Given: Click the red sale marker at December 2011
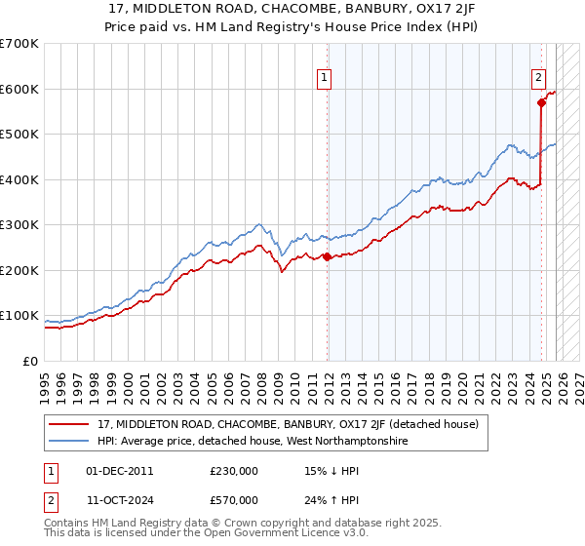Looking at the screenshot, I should click(x=327, y=257).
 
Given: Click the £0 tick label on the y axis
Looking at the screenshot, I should click(x=29, y=361).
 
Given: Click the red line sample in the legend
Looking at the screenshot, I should click(x=69, y=425).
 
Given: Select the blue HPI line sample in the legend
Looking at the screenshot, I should click(x=69, y=442).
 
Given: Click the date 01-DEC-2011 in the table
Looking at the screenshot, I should click(x=119, y=470).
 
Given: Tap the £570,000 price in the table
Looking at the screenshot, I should click(x=234, y=499).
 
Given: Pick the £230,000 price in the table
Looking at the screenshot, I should click(x=234, y=470).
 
